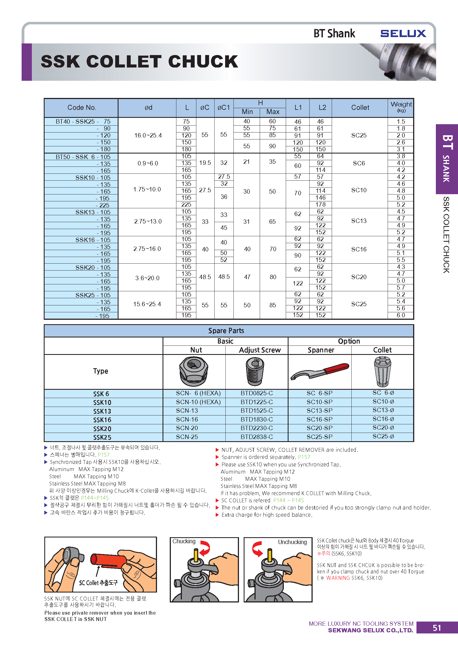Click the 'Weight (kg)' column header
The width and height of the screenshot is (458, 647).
pos(401,107)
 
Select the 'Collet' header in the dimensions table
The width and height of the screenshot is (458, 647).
pos(360,108)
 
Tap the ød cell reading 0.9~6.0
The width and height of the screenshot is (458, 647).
pos(148,163)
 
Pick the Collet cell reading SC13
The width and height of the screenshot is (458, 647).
pos(359,221)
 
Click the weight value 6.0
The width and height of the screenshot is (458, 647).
pos(400,315)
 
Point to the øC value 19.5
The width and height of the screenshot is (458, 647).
pos(205,163)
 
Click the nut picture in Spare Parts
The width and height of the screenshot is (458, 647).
pos(194,371)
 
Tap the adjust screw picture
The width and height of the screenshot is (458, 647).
pos(255,371)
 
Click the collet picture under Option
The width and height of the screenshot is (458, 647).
pos(382,371)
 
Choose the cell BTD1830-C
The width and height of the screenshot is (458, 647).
pos(257,419)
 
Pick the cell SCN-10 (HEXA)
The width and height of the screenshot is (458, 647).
pos(198,402)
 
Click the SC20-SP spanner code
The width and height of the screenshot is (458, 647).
pos(320,428)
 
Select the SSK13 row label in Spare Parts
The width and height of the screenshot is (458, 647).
pos(102,411)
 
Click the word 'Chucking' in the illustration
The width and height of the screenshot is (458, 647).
pos(184,541)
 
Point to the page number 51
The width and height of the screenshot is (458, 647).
pos(437,628)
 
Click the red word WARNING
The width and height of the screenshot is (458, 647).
pos(338,578)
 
